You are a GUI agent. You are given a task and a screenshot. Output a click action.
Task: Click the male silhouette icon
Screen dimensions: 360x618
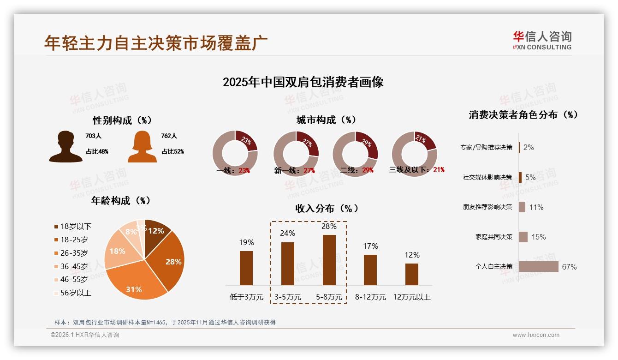[x=65, y=147]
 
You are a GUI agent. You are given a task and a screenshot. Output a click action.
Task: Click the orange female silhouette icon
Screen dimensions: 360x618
[x=142, y=147]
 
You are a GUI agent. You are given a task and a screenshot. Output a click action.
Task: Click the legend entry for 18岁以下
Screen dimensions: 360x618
[x=73, y=226]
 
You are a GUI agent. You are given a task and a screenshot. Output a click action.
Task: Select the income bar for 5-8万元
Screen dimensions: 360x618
[x=329, y=260]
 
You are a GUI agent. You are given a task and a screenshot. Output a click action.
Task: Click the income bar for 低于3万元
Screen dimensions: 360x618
[x=246, y=268]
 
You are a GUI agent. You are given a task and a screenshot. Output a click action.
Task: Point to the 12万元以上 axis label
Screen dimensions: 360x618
[x=412, y=297]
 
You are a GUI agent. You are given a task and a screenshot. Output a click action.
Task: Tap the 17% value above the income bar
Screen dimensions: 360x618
[x=370, y=246]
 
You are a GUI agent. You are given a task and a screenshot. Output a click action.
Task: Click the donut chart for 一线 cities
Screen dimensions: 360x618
[x=235, y=153]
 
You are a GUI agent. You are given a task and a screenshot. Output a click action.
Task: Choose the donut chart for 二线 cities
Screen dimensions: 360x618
[x=355, y=153]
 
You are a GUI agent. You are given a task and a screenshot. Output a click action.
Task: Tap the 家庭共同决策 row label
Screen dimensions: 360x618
[x=494, y=237]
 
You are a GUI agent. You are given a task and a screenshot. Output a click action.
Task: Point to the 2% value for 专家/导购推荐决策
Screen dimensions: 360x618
[x=529, y=147]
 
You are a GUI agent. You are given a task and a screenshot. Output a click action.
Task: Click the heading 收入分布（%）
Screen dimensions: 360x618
[x=327, y=209]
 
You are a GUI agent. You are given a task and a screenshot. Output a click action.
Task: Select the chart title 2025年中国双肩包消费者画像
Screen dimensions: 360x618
[x=303, y=82]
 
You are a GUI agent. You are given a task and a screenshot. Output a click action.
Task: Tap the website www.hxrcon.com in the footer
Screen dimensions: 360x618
[x=536, y=335]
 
